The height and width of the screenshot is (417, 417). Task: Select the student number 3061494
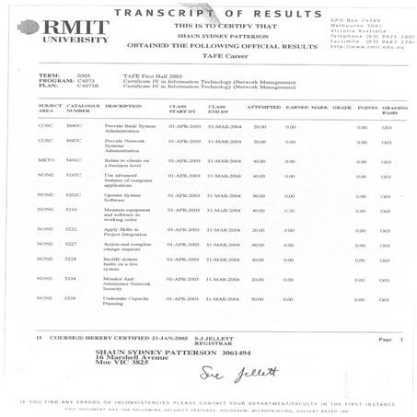[196, 350]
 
